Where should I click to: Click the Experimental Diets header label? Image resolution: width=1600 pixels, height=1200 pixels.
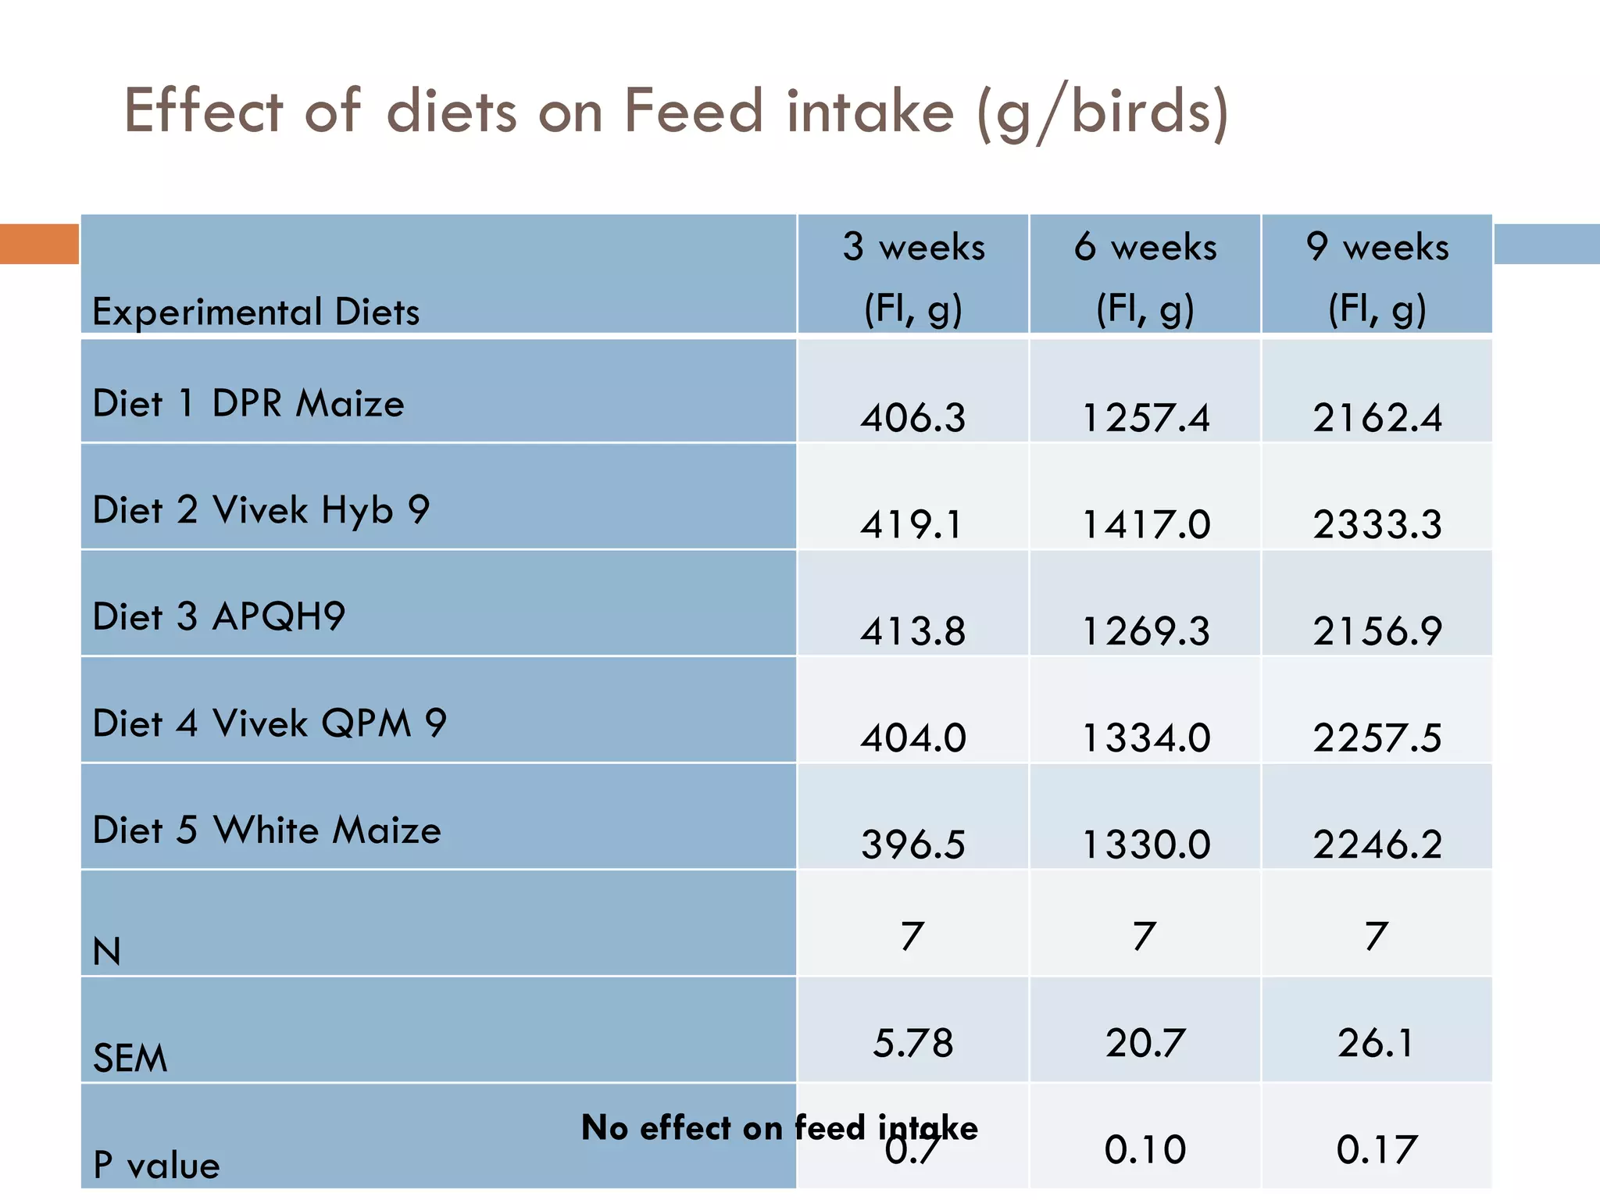[x=255, y=312]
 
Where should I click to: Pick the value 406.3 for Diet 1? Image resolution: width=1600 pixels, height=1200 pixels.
[x=913, y=417]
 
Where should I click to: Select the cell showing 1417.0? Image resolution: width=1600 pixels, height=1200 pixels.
[x=1145, y=523]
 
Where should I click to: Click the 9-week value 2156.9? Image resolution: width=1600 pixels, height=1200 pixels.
[x=1377, y=630]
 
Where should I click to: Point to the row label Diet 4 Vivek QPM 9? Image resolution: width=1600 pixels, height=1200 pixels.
[x=270, y=723]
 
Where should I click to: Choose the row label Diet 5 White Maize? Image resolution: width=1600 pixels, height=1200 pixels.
[x=266, y=830]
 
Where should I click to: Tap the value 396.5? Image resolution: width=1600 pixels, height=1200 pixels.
[x=913, y=845]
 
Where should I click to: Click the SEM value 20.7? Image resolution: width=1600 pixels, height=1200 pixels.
[x=1145, y=1043]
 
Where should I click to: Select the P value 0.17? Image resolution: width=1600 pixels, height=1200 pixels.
[x=1377, y=1149]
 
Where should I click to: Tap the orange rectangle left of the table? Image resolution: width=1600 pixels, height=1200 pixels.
[x=39, y=244]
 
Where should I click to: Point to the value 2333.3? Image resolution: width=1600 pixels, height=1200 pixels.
[x=1377, y=523]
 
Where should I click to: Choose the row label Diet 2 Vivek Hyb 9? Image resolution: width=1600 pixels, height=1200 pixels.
[x=261, y=510]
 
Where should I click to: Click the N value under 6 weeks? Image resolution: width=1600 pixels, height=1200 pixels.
[x=1145, y=936]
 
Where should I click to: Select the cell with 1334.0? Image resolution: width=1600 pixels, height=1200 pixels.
[x=1145, y=737]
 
